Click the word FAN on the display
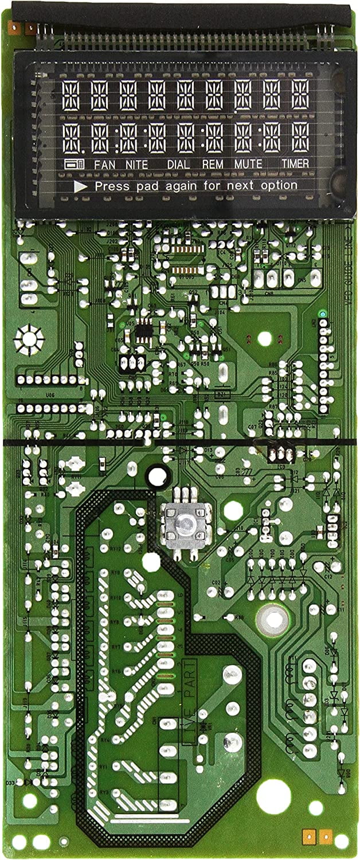[104, 165]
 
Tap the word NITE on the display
[134, 165]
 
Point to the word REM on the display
[213, 165]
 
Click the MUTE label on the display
[248, 164]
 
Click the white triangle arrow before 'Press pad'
[81, 186]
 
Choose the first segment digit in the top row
[71, 95]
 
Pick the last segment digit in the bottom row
[300, 138]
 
